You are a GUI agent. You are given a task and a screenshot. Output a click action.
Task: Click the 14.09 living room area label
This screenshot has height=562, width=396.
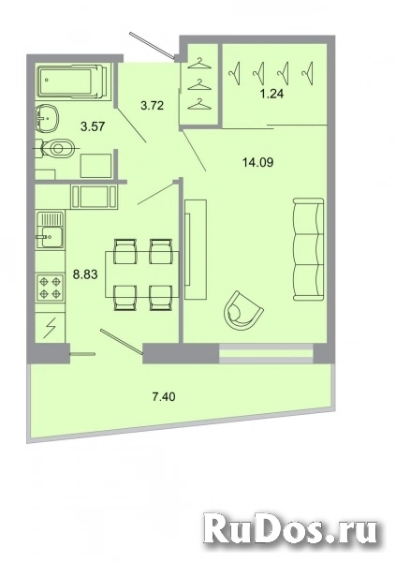click(257, 163)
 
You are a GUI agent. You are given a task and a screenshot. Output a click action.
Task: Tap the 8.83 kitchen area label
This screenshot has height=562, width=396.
click(85, 274)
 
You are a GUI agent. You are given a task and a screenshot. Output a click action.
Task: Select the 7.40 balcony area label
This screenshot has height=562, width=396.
click(164, 397)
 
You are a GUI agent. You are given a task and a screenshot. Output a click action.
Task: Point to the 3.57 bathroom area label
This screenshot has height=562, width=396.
click(93, 126)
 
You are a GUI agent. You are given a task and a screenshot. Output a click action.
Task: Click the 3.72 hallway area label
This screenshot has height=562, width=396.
click(152, 105)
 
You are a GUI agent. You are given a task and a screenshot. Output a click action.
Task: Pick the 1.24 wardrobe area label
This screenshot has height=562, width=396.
click(272, 94)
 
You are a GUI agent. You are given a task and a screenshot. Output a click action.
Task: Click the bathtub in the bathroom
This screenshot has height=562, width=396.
click(72, 81)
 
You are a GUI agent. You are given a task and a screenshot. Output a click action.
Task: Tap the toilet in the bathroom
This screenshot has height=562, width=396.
click(57, 147)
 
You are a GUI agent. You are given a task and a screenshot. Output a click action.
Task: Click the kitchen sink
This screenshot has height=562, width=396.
click(51, 230)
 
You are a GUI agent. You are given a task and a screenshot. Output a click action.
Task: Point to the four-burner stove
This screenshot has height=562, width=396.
click(51, 288)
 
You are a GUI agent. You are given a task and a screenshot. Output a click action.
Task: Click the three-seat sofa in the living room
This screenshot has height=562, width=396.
click(309, 250)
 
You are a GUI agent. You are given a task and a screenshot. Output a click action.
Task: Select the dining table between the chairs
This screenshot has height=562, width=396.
click(143, 274)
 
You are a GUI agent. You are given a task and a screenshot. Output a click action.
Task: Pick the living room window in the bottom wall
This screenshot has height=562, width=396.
click(266, 354)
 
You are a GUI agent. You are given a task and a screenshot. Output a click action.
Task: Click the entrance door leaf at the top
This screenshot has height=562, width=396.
click(153, 44)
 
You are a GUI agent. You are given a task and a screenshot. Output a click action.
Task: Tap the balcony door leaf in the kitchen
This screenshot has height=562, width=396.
click(122, 342)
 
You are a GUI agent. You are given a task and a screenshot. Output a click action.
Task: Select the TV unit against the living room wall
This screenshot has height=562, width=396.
click(196, 249)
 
